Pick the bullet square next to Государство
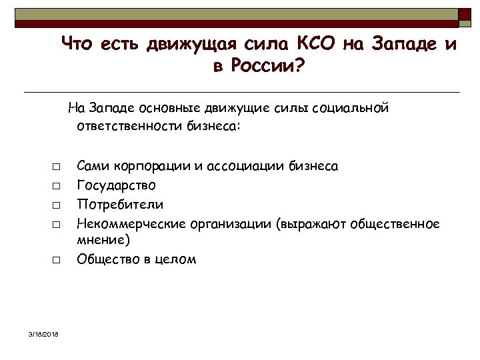(58, 185)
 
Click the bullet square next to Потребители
(58, 204)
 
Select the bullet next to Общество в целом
(58, 259)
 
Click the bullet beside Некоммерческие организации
(58, 223)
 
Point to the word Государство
(117, 185)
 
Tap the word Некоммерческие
(132, 223)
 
